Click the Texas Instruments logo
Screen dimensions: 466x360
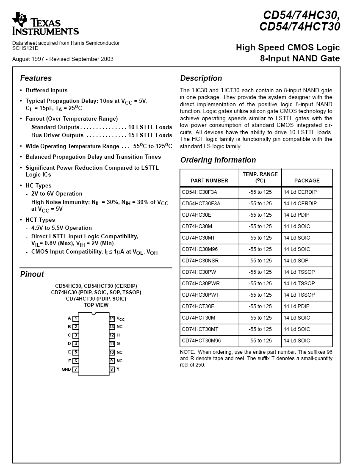coord(45,24)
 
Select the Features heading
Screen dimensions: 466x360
coord(36,78)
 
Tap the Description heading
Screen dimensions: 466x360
coord(201,78)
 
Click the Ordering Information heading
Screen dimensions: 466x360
coord(218,160)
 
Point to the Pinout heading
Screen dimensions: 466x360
coord(32,274)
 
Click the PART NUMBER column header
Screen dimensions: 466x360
coord(209,181)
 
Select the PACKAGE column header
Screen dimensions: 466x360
coord(307,181)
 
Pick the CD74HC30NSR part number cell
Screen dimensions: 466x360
coord(200,261)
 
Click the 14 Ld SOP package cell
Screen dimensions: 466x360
coord(296,261)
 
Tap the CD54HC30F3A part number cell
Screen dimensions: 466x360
coord(199,192)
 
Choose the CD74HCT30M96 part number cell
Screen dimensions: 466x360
coord(201,341)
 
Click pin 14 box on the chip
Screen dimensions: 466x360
coord(112,318)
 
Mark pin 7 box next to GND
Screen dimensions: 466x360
coord(75,369)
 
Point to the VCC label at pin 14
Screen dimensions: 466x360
coord(121,319)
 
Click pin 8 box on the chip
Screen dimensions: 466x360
coord(112,369)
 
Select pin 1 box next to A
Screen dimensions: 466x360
coord(75,318)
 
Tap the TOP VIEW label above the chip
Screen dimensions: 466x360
coord(96,305)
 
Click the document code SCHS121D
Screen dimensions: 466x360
coord(25,48)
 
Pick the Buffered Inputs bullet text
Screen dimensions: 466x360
coord(47,91)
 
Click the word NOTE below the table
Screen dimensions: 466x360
coord(188,352)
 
